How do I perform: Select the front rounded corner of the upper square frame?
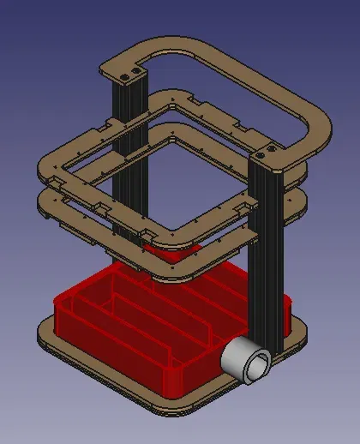point(171,235)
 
